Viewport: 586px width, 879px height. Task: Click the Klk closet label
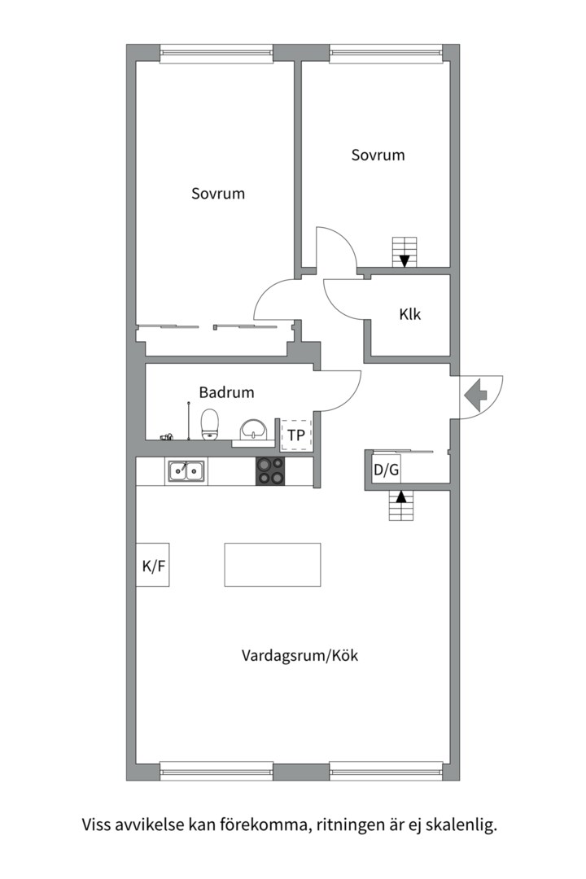[x=410, y=315]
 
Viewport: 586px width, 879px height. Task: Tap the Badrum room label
[x=226, y=392]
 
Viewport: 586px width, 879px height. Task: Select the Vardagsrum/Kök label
[x=300, y=655]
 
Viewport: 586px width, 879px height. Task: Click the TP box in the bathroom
[x=295, y=435]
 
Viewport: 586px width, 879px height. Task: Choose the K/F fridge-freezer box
[x=154, y=566]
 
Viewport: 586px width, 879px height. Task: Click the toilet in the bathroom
[x=211, y=424]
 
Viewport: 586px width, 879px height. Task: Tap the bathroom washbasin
[x=255, y=430]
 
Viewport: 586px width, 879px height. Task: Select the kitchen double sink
[x=186, y=470]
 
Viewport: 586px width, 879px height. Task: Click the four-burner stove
[x=271, y=470]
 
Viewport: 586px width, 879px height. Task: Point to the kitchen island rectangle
[x=272, y=565]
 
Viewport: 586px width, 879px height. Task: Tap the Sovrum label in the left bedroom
[x=218, y=194]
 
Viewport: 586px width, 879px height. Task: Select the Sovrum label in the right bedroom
[x=378, y=155]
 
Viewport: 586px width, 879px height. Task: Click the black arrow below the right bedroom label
[x=405, y=260]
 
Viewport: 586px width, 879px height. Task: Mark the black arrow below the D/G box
[x=400, y=496]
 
